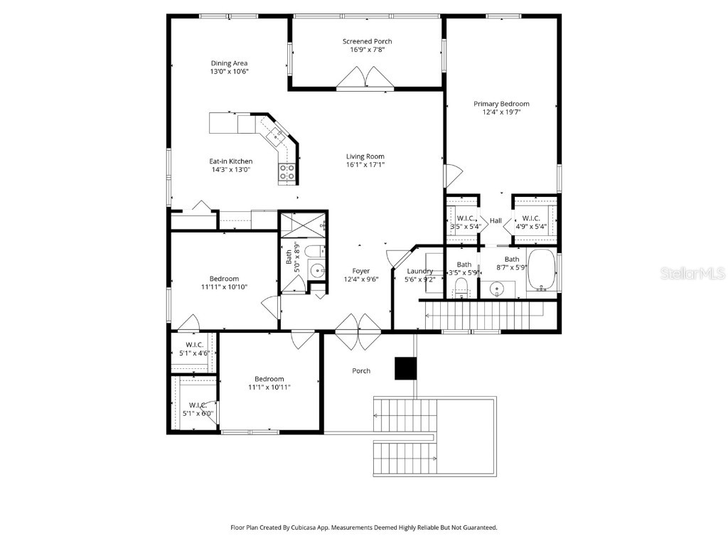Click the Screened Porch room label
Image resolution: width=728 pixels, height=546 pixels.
[367, 41]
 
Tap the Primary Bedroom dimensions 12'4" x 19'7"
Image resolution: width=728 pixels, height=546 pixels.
[501, 112]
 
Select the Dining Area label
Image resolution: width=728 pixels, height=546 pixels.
[229, 63]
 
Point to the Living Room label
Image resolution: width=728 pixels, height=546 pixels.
[365, 156]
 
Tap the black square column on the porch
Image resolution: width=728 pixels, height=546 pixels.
[405, 368]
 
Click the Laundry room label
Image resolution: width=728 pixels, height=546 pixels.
[419, 271]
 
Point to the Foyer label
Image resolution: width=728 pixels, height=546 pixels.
[361, 271]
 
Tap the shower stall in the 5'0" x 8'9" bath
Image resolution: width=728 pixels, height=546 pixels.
[303, 225]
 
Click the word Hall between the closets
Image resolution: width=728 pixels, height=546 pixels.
[496, 221]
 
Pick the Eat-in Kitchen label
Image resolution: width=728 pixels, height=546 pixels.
[231, 161]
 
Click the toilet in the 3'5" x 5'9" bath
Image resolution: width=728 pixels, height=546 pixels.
[460, 287]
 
